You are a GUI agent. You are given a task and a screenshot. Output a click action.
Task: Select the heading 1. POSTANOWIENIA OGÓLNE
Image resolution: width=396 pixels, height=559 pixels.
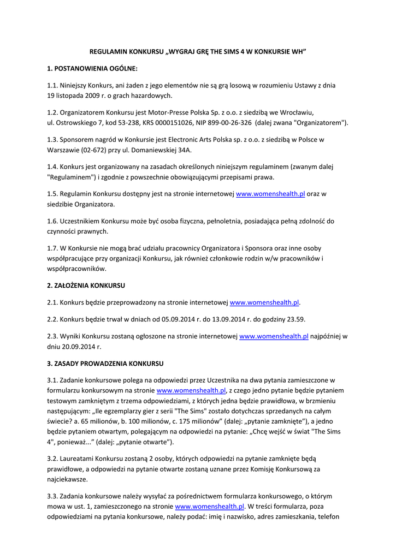click(92, 69)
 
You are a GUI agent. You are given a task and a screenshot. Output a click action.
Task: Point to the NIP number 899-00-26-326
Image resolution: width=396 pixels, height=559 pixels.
click(229, 122)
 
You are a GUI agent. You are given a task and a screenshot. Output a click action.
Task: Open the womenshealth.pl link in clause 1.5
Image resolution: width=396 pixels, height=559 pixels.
click(270, 194)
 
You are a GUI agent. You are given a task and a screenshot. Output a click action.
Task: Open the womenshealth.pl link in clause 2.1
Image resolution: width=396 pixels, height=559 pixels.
click(264, 302)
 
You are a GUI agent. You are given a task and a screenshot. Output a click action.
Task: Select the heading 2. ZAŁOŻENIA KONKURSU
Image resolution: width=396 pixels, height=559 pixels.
click(86, 285)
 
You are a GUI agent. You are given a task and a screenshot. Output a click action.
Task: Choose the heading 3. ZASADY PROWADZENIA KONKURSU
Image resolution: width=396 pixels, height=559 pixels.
click(105, 363)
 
